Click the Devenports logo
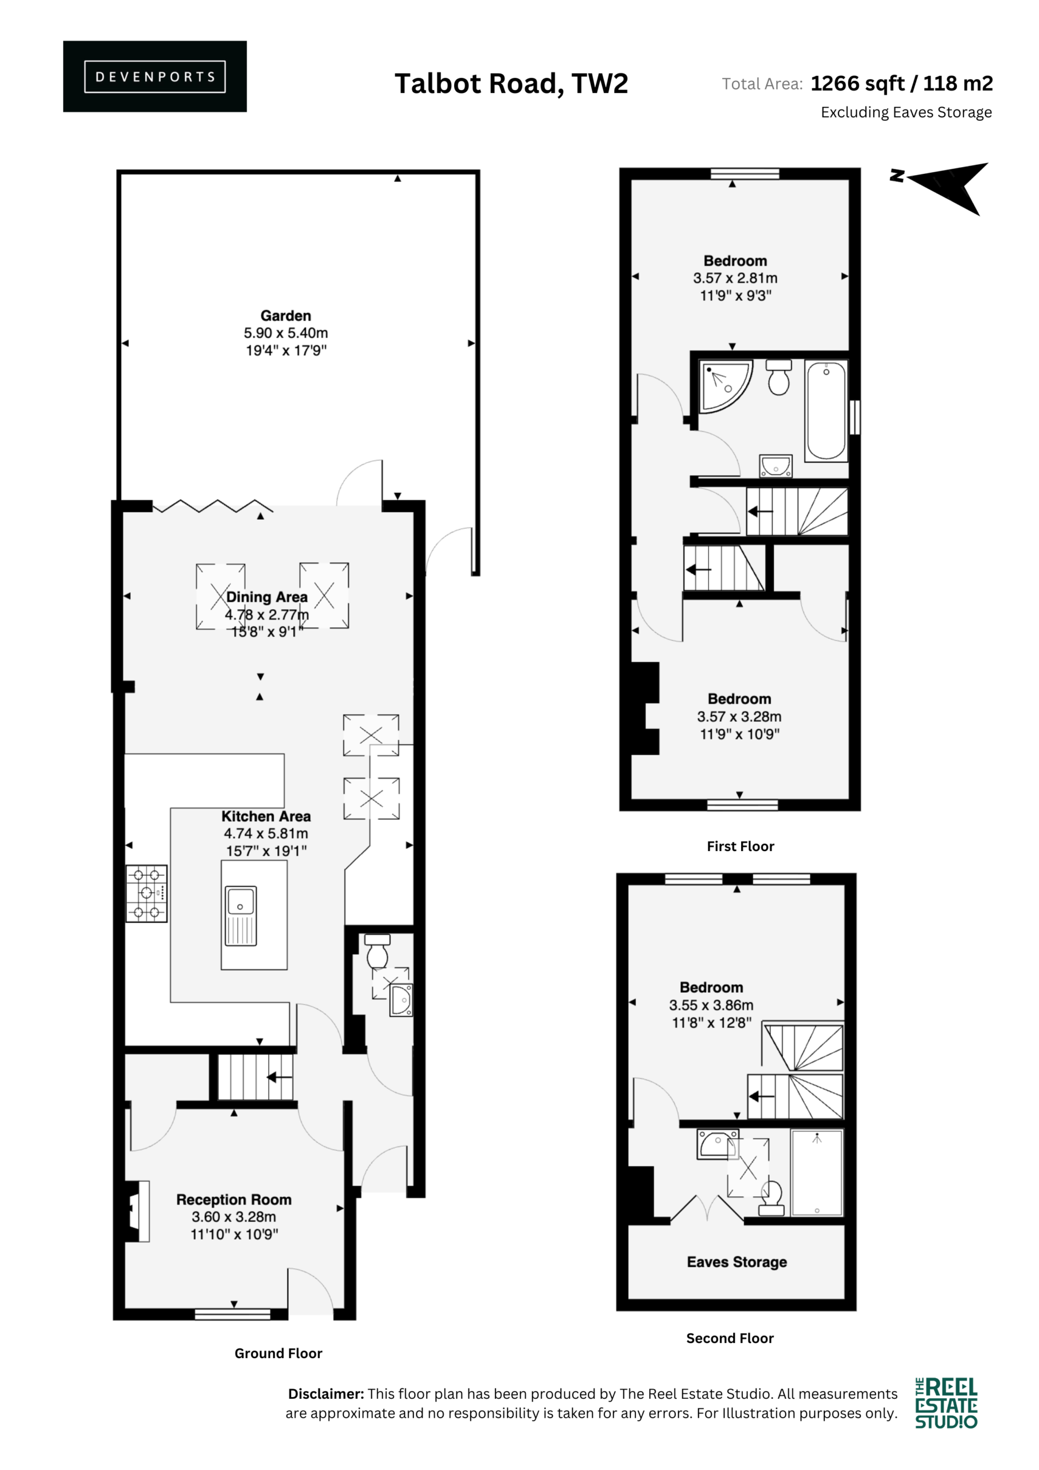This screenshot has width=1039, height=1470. [155, 76]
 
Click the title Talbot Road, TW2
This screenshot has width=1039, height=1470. [511, 84]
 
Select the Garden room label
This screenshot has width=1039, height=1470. [285, 316]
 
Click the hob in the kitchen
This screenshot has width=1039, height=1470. [146, 893]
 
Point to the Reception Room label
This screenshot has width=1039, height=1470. [234, 1199]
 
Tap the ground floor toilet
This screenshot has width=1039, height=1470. [377, 951]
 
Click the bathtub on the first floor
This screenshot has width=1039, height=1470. [826, 411]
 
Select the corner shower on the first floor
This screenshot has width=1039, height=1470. [726, 386]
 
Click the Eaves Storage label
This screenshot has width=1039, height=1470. [737, 1262]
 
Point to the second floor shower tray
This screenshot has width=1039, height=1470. [817, 1173]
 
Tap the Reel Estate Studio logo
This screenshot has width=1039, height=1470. [946, 1403]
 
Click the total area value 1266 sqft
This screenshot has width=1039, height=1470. [857, 83]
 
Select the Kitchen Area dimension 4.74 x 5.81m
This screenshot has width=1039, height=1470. [266, 834]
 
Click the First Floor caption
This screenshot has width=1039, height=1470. [740, 846]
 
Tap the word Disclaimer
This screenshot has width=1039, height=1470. [326, 1394]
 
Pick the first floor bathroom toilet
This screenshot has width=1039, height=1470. [778, 377]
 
